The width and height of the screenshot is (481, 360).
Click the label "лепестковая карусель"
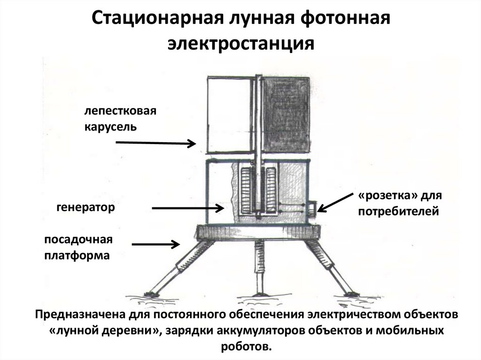pyautogui.click(x=119, y=119)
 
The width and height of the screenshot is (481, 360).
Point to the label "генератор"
pyautogui.click(x=86, y=207)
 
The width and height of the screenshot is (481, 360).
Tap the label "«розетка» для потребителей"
pyautogui.click(x=399, y=203)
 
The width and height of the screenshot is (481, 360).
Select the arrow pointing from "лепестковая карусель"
pyautogui.click(x=155, y=143)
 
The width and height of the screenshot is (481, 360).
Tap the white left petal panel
pyautogui.click(x=229, y=115)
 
